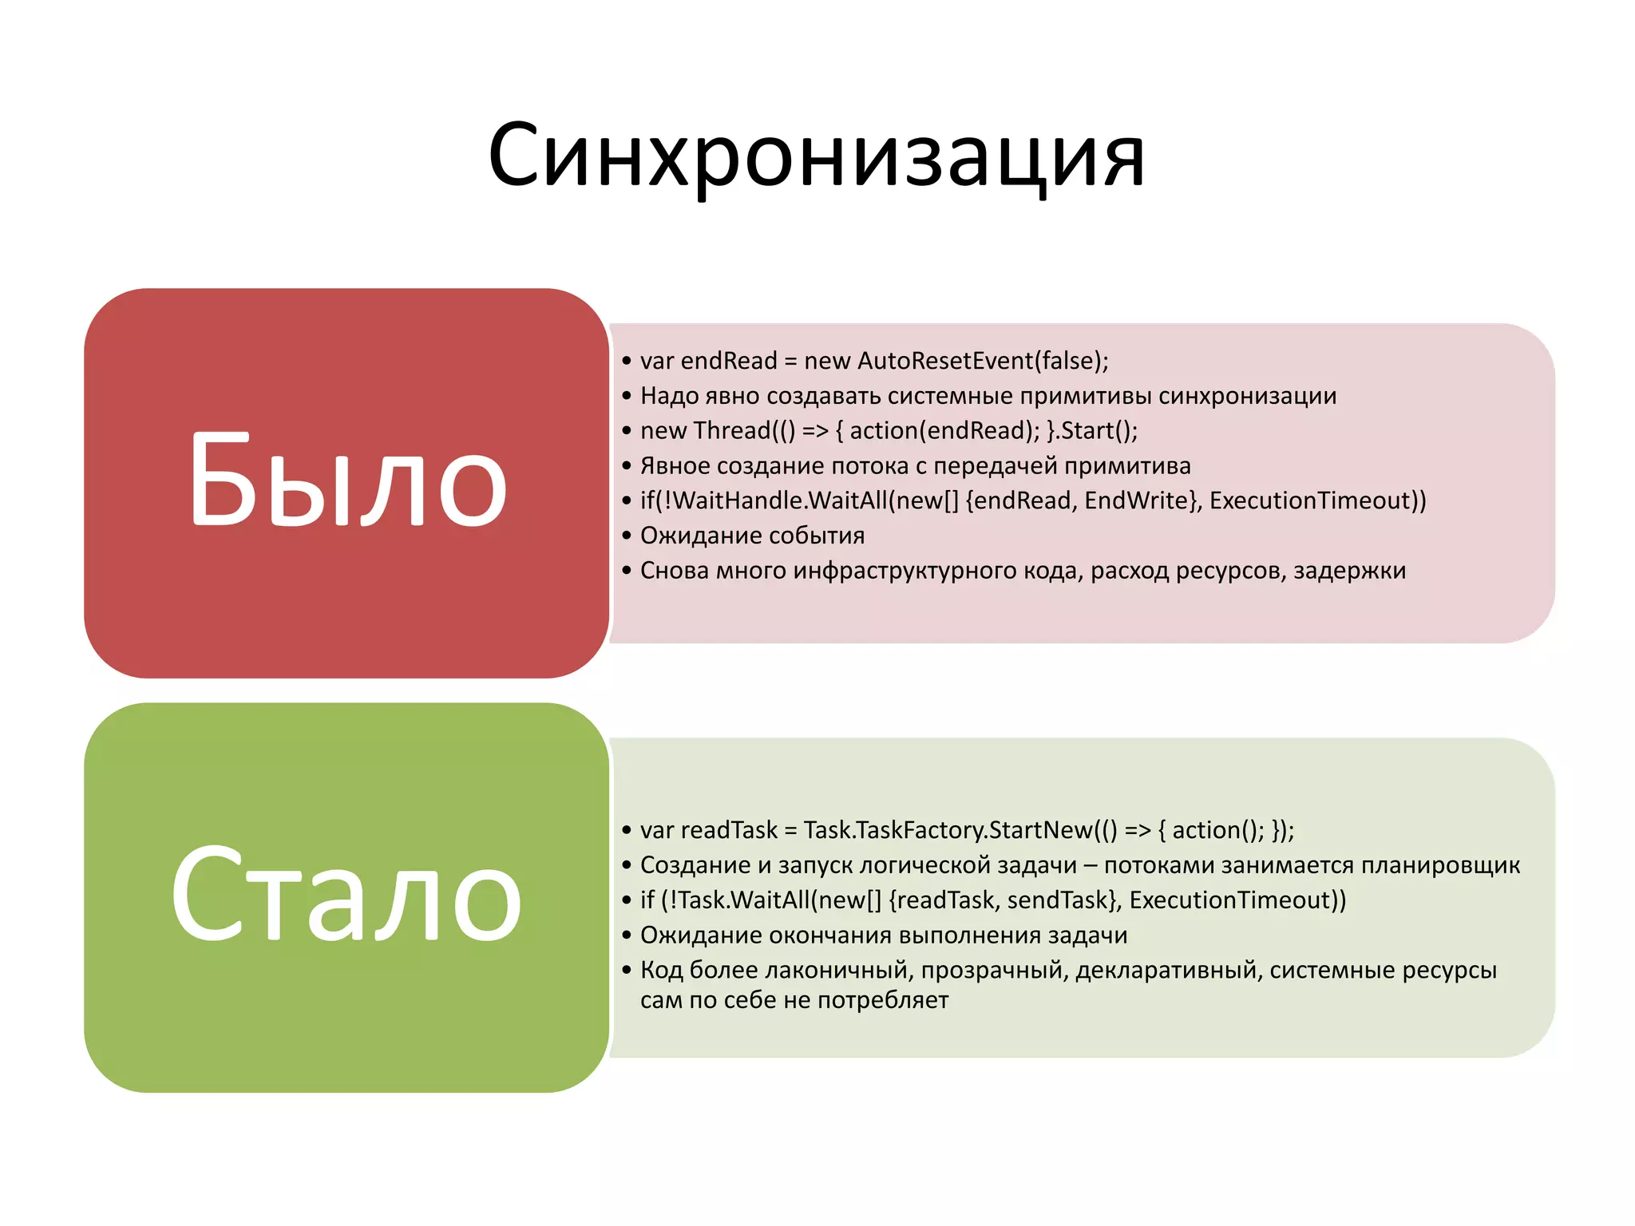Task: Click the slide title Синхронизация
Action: point(816,156)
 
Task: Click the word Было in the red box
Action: point(347,481)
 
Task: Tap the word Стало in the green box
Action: point(346,896)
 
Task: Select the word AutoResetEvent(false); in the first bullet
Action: point(983,361)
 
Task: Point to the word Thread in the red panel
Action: point(731,430)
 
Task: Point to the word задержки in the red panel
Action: point(1349,571)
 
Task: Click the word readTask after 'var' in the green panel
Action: point(728,830)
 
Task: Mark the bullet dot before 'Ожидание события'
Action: point(627,535)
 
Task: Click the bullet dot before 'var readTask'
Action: point(627,830)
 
